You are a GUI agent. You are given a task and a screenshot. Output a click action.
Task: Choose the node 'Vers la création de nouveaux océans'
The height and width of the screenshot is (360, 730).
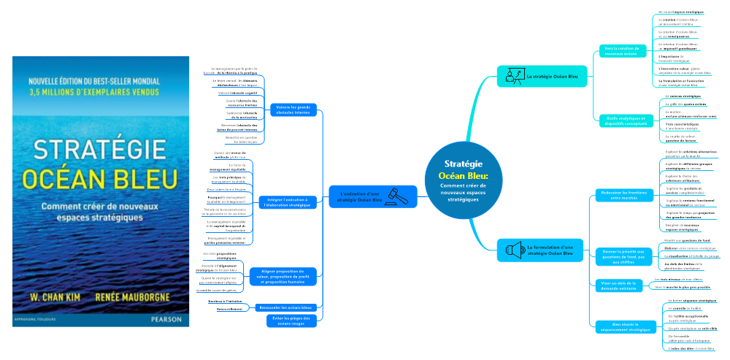[x=621, y=51]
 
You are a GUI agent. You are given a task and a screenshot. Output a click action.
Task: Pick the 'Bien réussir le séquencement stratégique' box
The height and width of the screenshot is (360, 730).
[x=622, y=326]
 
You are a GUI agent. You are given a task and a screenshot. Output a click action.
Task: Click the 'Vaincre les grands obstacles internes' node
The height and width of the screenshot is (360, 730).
[x=291, y=110]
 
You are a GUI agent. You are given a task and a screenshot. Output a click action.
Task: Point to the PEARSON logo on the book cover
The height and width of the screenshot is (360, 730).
[x=164, y=318]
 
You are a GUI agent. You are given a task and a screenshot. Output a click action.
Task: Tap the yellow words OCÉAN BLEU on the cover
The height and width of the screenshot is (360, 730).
[x=99, y=178]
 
